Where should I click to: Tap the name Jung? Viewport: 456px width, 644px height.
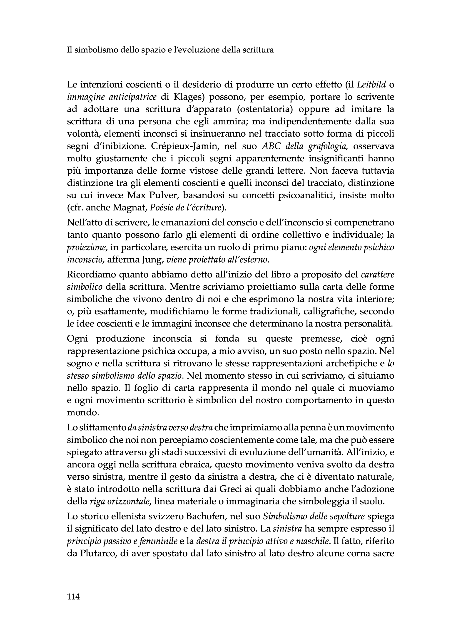point(153,260)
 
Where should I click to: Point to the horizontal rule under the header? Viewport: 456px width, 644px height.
point(230,59)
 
